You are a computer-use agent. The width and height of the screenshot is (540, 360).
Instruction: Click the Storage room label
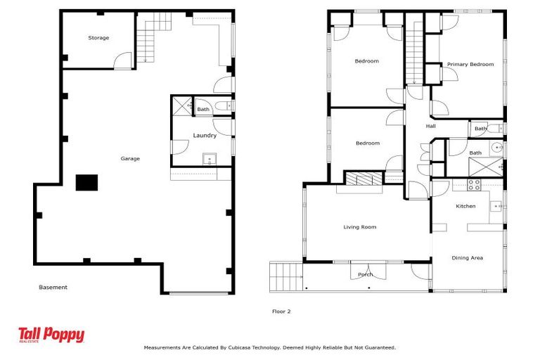coord(98,38)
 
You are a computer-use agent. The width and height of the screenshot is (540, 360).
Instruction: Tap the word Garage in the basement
coord(130,159)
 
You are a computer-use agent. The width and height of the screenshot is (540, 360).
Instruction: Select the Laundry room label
coord(205,136)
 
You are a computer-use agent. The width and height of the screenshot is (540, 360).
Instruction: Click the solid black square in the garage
coord(87,183)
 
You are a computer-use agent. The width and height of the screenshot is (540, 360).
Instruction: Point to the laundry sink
coord(209,159)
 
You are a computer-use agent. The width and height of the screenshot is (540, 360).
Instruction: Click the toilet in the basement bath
coord(221,106)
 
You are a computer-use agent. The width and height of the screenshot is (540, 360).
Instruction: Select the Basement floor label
coord(53,288)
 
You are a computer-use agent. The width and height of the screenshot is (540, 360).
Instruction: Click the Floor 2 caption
coord(281,311)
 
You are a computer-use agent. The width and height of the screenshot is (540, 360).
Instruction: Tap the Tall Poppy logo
coord(51,335)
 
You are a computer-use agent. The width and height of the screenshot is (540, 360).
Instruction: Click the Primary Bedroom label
coord(470,65)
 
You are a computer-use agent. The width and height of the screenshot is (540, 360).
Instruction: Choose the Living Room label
coord(359,227)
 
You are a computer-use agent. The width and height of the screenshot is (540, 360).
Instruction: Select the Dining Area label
coord(467,258)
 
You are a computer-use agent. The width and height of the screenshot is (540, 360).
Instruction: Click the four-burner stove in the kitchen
coord(475,186)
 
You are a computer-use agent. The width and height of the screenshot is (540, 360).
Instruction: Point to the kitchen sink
coord(495,206)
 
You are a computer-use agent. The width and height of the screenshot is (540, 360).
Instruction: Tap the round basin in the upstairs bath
coord(496,148)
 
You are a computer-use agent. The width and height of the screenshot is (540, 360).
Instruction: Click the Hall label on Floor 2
coord(431,127)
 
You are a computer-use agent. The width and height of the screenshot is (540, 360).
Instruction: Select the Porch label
coord(365,274)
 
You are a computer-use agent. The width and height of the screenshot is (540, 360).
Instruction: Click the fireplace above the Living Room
coord(362,180)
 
